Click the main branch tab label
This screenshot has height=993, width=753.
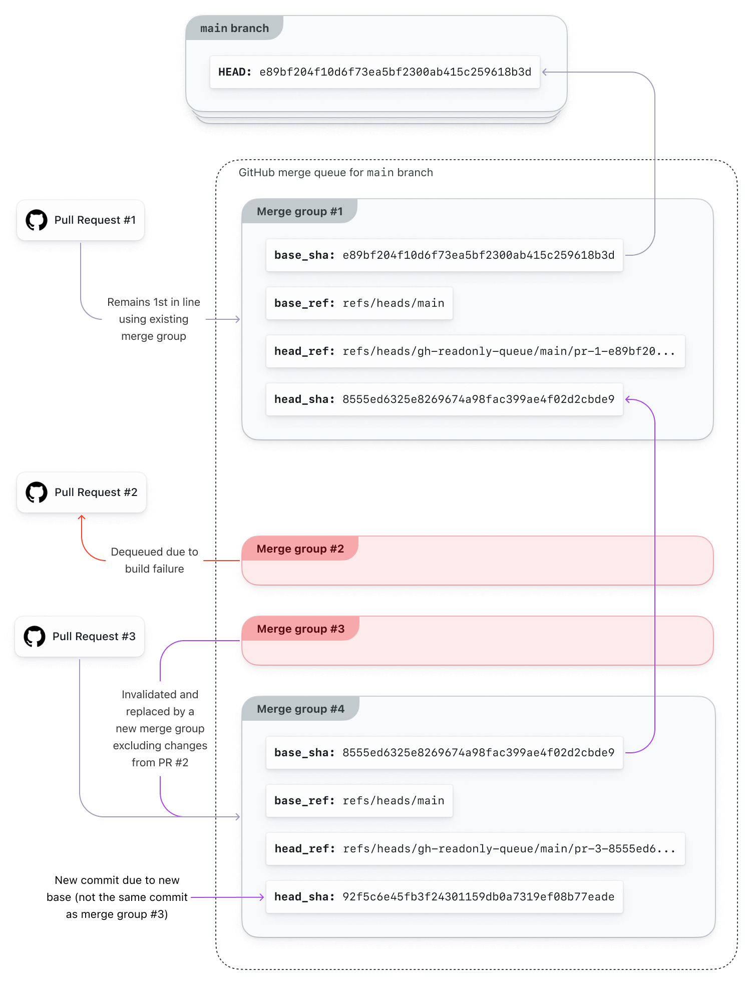[x=234, y=29]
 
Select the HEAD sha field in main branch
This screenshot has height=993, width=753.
[x=374, y=72]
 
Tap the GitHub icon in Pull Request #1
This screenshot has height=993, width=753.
[x=37, y=220]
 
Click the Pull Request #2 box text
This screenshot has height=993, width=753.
[x=96, y=492]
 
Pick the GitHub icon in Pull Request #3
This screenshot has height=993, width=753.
[x=35, y=637]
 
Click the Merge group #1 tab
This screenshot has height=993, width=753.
[x=299, y=212]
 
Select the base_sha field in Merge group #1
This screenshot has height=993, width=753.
[x=444, y=255]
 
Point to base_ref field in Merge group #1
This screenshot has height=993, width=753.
[x=359, y=303]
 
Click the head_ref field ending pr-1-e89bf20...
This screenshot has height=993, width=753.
[x=475, y=351]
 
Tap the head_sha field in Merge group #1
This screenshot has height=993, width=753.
[x=444, y=399]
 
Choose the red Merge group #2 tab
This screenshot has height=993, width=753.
[x=300, y=549]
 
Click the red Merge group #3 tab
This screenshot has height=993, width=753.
[x=300, y=629]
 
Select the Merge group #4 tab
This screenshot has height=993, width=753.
[x=300, y=709]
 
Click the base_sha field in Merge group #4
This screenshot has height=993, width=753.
[x=444, y=753]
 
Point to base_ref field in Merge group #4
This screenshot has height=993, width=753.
[x=359, y=801]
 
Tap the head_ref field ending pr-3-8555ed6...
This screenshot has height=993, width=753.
[x=475, y=849]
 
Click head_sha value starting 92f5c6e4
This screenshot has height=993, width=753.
[x=478, y=897]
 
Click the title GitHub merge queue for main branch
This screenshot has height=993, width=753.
[x=335, y=173]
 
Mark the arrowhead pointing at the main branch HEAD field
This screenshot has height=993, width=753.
[x=545, y=72]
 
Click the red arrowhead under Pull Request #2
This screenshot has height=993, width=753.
[x=82, y=518]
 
